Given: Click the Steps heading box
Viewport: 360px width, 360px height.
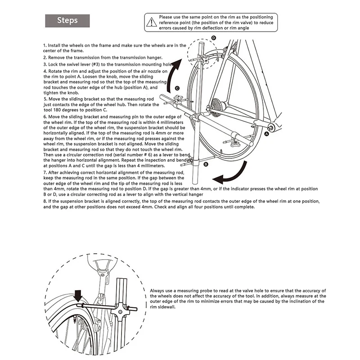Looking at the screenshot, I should tap(67, 20).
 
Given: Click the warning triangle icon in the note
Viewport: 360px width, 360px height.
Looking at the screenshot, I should tap(151, 21).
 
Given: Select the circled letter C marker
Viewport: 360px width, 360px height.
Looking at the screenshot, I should tap(178, 88).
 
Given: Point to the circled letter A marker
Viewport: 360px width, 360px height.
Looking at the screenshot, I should tap(267, 134).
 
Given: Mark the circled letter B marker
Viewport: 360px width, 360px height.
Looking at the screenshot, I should tap(206, 165).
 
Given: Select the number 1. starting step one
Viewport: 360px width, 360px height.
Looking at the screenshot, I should tap(45, 45).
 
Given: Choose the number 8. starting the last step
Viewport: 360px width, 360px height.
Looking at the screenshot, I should tap(45, 201).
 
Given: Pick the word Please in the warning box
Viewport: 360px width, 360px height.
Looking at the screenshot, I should tap(167, 17).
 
